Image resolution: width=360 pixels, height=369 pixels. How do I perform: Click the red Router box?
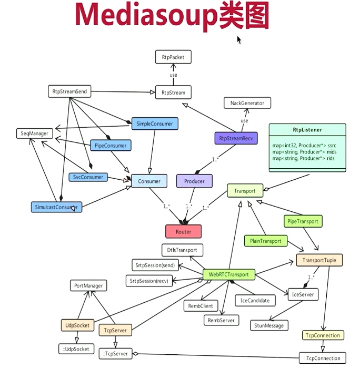click(x=183, y=231)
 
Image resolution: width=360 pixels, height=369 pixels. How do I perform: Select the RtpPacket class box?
click(x=173, y=56)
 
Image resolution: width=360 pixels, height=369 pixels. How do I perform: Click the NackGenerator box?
click(x=247, y=103)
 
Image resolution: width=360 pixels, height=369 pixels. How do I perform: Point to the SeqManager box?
click(x=35, y=134)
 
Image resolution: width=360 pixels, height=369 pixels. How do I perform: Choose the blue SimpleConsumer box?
click(x=154, y=124)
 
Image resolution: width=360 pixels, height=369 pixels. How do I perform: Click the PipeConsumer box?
click(x=110, y=145)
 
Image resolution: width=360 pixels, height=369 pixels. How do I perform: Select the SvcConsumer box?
click(x=88, y=177)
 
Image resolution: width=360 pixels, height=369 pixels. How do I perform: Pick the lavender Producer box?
click(x=194, y=181)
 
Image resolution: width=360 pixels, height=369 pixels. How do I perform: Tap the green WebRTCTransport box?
click(x=228, y=274)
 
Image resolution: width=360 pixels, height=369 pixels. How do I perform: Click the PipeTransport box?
click(x=303, y=221)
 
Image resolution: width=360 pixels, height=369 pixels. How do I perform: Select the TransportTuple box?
click(x=319, y=260)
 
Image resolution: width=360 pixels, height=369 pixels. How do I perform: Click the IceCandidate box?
click(x=255, y=301)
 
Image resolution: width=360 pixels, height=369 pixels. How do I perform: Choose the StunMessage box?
click(x=269, y=325)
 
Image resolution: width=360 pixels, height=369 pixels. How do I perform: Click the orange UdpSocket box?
click(x=77, y=325)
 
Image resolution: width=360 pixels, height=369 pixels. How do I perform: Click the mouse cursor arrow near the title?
click(x=239, y=39)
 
